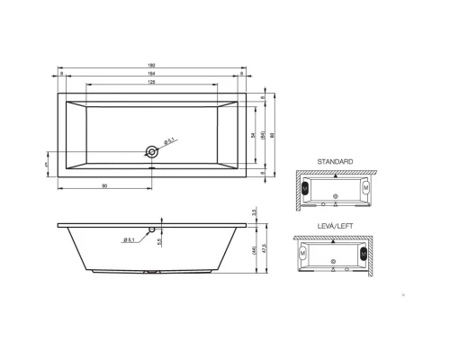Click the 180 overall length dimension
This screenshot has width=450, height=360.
(x=151, y=66)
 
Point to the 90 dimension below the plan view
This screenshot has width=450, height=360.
(x=105, y=185)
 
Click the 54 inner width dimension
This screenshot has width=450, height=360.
(x=251, y=135)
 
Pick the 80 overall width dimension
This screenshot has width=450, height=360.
(x=274, y=135)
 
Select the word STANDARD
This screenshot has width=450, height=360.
(x=335, y=161)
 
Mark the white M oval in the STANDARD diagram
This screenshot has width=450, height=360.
(x=364, y=191)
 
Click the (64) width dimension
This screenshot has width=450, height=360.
(x=261, y=135)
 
